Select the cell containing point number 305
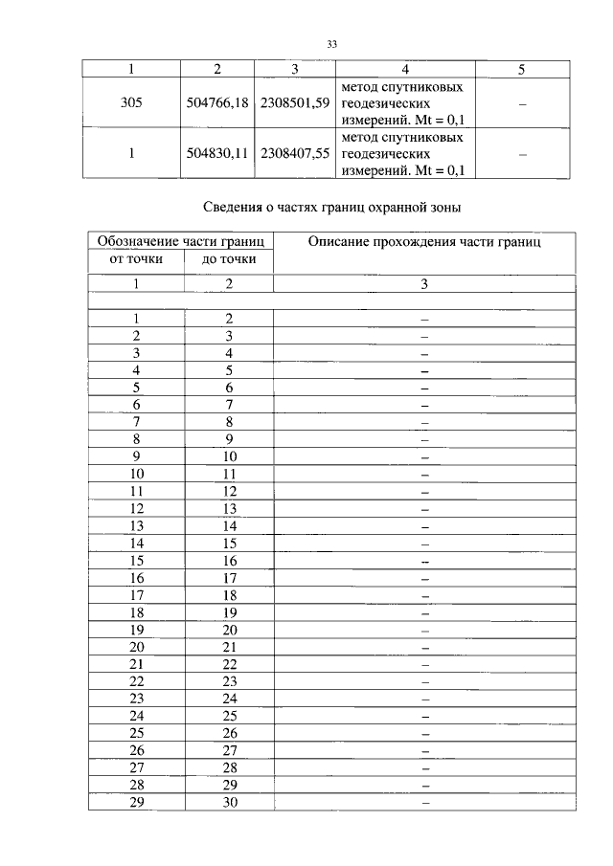[132, 103]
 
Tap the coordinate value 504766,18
[217, 103]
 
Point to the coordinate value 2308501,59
[294, 103]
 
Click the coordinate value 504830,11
[217, 153]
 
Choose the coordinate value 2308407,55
[294, 153]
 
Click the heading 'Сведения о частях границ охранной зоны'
[333, 207]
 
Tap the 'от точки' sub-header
[136, 259]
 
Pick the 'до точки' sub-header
[229, 259]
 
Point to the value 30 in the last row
[229, 802]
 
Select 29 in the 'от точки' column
[136, 802]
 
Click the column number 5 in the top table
[521, 70]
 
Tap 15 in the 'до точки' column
[229, 544]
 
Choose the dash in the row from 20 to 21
[424, 647]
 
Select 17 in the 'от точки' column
[136, 595]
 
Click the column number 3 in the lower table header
[424, 284]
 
